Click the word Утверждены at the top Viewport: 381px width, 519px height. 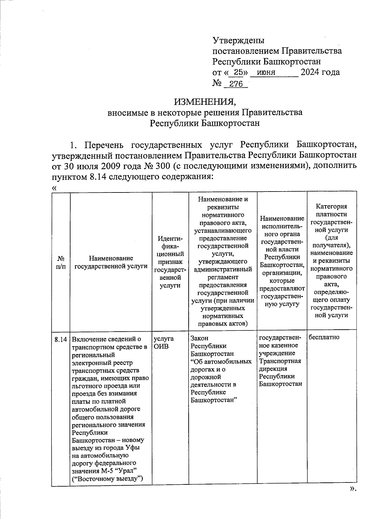tap(238, 41)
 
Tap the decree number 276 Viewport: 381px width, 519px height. tap(236, 84)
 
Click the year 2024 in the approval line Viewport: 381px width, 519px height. tap(310, 72)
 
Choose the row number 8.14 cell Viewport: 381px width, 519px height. tap(61, 339)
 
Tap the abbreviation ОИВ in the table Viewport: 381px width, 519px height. tap(161, 346)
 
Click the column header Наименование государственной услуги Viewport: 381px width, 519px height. tap(111, 262)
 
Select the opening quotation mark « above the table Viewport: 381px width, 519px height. tap(54, 188)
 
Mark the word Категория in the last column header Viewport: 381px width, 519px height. tap(332, 206)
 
